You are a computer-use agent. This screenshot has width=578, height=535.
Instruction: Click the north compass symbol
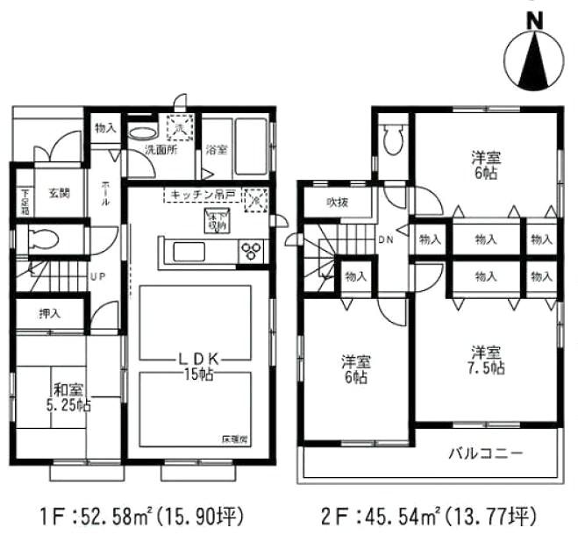(x=532, y=54)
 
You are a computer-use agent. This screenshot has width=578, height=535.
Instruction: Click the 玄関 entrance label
(x=59, y=193)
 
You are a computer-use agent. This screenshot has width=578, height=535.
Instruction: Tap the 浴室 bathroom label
(x=217, y=150)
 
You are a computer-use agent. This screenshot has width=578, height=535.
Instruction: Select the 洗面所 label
(x=161, y=150)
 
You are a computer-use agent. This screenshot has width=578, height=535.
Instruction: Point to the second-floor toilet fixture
(x=393, y=138)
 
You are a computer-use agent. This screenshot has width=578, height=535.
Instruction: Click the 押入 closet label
(x=51, y=312)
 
